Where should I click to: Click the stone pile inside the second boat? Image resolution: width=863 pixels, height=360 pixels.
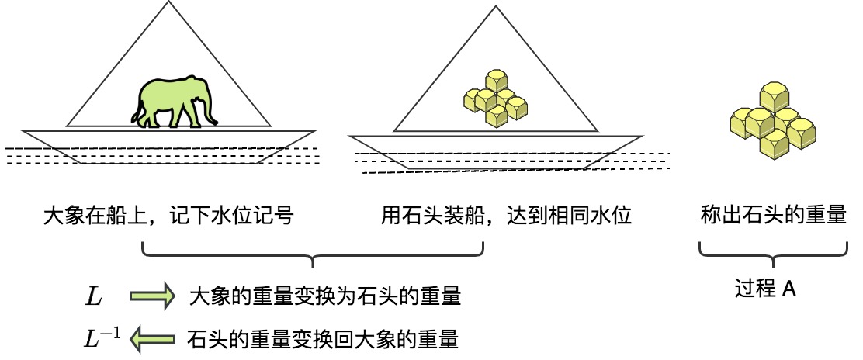coord(494,99)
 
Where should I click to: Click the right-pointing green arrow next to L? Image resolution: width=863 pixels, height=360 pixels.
coord(153,296)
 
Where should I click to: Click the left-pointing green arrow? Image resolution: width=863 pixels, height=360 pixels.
coord(153,337)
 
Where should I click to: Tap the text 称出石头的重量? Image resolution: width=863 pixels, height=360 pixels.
coord(773,215)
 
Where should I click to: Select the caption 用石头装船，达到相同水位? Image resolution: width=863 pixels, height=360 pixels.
coord(506,215)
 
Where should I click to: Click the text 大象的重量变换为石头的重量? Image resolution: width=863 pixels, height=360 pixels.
coord(325,296)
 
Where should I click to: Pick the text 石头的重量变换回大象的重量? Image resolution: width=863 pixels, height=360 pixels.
coord(322,338)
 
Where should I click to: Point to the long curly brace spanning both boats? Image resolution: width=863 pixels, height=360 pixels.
coord(313,254)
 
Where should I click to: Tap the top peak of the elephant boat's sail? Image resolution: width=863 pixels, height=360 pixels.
coord(168,3)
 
